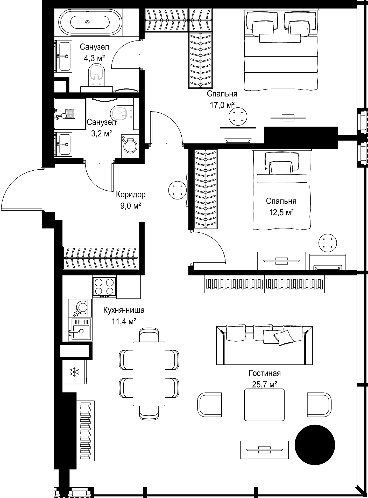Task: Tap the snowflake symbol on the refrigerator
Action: pyautogui.click(x=74, y=372)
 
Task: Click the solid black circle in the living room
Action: pyautogui.click(x=315, y=445)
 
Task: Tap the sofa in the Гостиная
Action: pyautogui.click(x=264, y=345)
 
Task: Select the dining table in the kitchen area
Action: pyautogui.click(x=149, y=374)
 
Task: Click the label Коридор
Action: pyautogui.click(x=131, y=194)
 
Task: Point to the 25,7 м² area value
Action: pyautogui.click(x=265, y=384)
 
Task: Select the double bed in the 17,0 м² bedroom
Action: pyautogui.click(x=281, y=49)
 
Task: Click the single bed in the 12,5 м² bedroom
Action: pyautogui.click(x=281, y=189)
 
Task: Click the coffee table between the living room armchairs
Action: pyautogui.click(x=264, y=405)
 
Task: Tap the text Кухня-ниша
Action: pyautogui.click(x=124, y=310)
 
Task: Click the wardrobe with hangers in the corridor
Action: pyautogui.click(x=101, y=258)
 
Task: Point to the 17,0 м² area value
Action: pyautogui.click(x=222, y=105)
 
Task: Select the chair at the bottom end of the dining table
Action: pyautogui.click(x=149, y=412)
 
